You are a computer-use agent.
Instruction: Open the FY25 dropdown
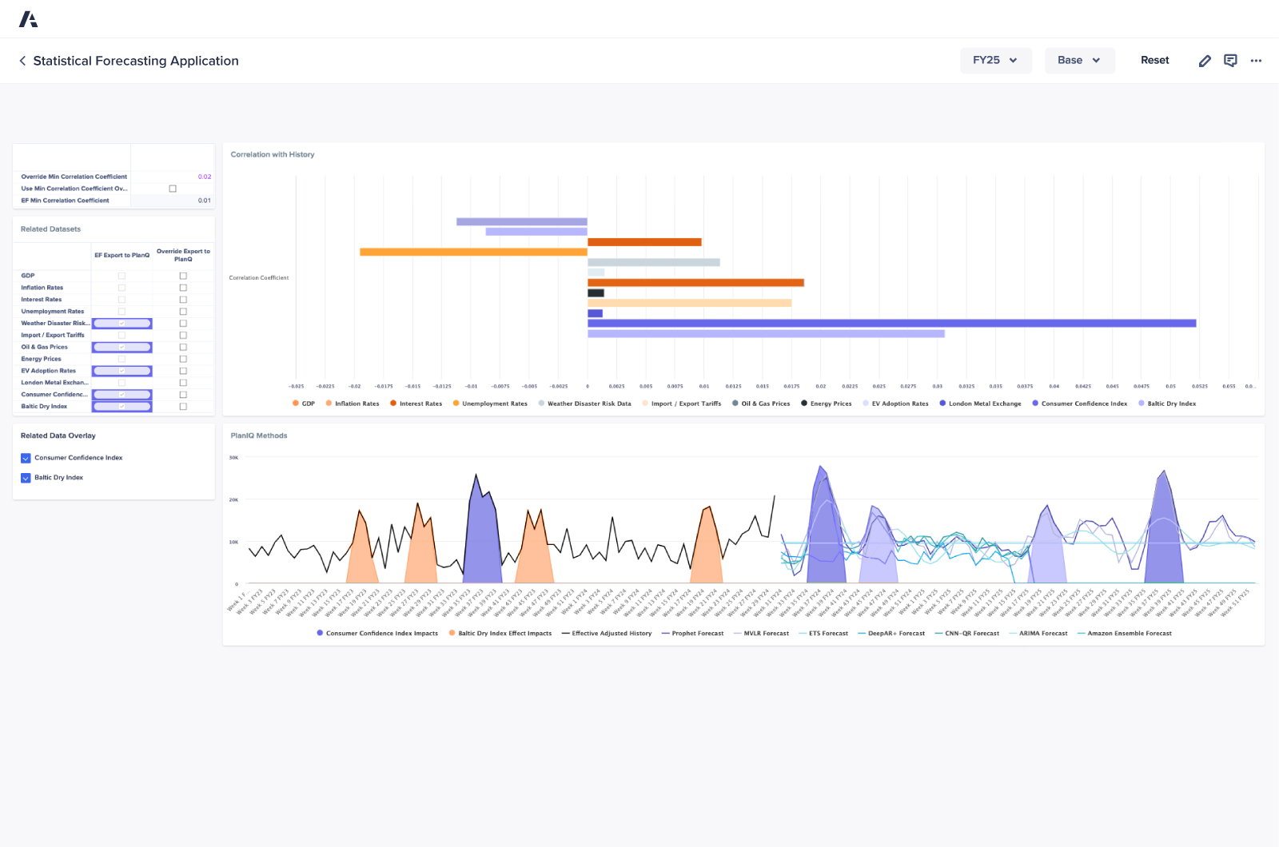(995, 61)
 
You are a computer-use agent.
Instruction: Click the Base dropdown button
(1079, 61)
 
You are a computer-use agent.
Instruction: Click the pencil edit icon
(1205, 61)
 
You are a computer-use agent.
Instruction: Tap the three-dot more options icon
(1256, 61)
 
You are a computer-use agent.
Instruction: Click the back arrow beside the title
(22, 61)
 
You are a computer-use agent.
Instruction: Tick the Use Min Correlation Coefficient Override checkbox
(173, 189)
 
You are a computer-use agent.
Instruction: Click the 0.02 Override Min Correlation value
(204, 177)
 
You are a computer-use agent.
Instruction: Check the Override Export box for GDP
(183, 276)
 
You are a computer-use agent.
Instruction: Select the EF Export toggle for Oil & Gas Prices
(122, 347)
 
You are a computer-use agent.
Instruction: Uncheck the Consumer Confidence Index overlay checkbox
(26, 458)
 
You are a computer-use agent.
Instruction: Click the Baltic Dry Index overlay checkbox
(26, 478)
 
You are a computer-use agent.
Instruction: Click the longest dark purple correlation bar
(891, 324)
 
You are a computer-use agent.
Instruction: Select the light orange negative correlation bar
(473, 252)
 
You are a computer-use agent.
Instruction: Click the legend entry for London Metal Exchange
(984, 404)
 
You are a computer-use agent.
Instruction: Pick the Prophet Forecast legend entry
(696, 634)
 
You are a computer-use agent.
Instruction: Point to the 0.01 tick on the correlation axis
(703, 386)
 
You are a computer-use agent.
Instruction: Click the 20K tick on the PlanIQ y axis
(233, 500)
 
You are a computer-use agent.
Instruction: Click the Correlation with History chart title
(273, 155)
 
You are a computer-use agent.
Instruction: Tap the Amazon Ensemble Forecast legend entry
(1128, 634)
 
